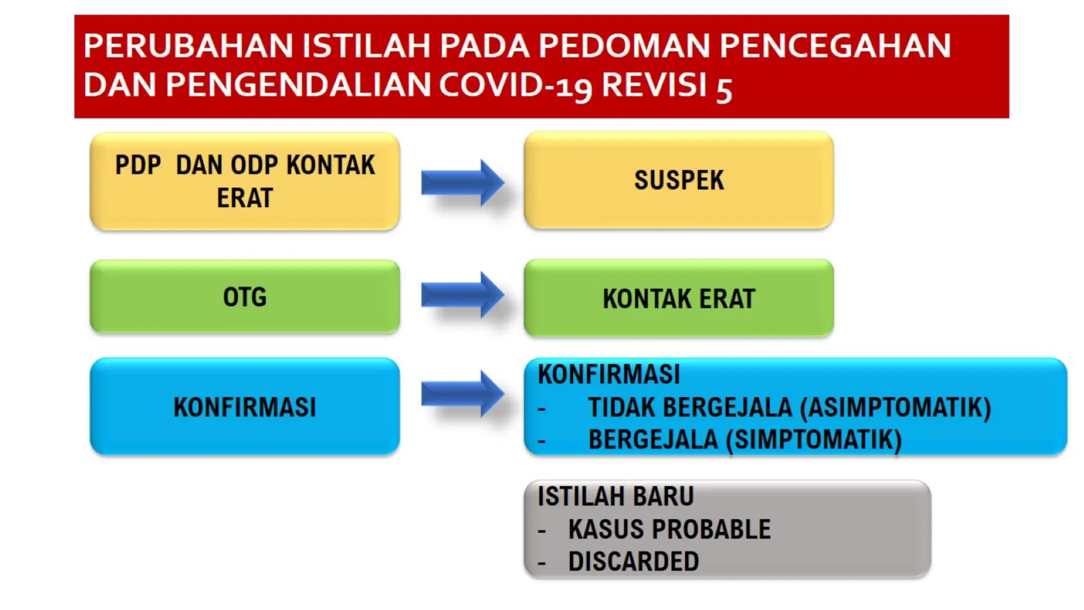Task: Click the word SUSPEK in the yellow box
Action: tap(679, 180)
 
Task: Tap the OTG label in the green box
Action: tap(245, 297)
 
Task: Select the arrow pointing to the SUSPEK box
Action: tap(462, 183)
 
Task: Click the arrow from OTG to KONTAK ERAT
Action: tap(462, 295)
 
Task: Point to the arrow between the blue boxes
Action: tap(462, 394)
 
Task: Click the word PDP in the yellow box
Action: tap(138, 165)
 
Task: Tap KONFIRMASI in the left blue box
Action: tap(245, 407)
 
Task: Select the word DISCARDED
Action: tap(634, 561)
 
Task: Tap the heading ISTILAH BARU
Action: tap(615, 497)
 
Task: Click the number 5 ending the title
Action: tap(724, 89)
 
